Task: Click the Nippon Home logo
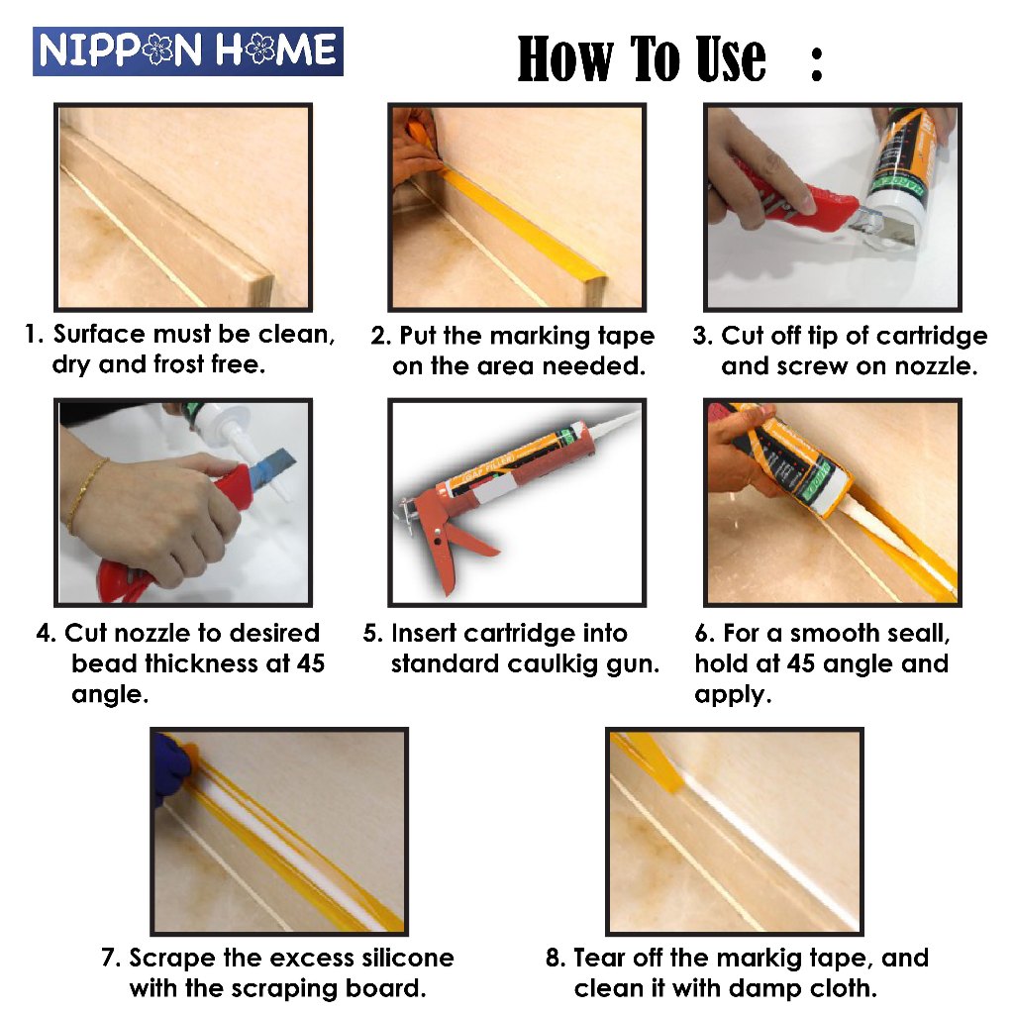click(x=187, y=51)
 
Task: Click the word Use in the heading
click(x=730, y=58)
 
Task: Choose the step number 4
click(x=46, y=633)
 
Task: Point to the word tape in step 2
click(x=626, y=337)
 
